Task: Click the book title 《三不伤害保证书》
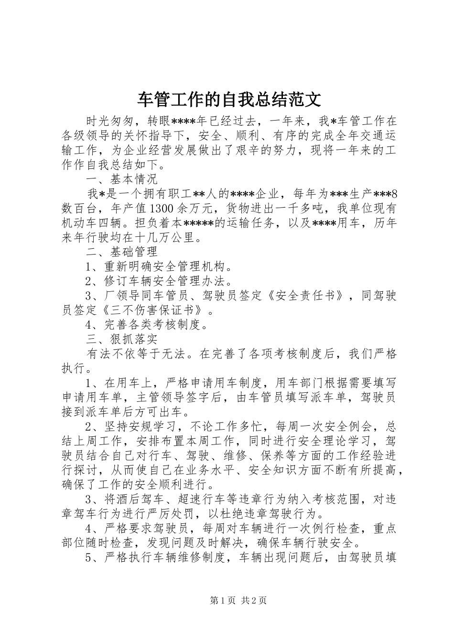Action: (x=155, y=310)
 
